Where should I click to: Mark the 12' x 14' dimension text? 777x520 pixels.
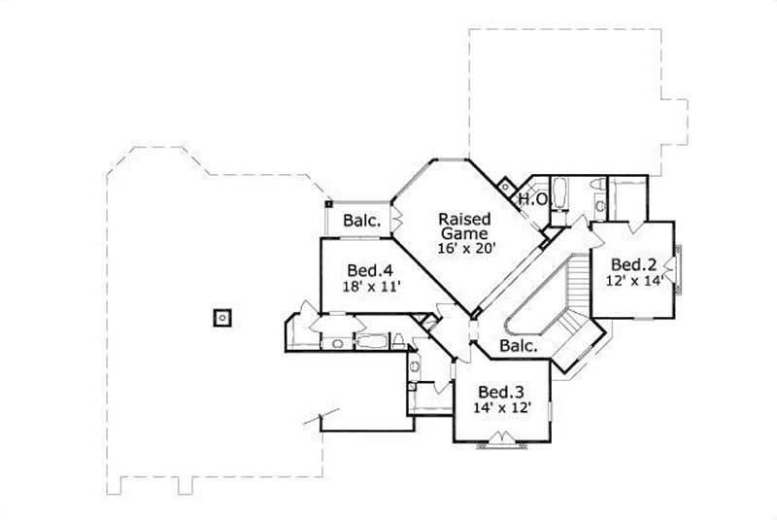click(636, 280)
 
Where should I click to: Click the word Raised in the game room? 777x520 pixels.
click(464, 218)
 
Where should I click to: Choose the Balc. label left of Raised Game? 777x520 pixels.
click(360, 220)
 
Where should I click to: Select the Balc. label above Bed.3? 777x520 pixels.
click(521, 346)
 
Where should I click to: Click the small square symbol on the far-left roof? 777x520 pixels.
click(222, 316)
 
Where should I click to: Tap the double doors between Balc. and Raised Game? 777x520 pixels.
click(395, 218)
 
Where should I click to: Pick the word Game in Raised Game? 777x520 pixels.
click(464, 233)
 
